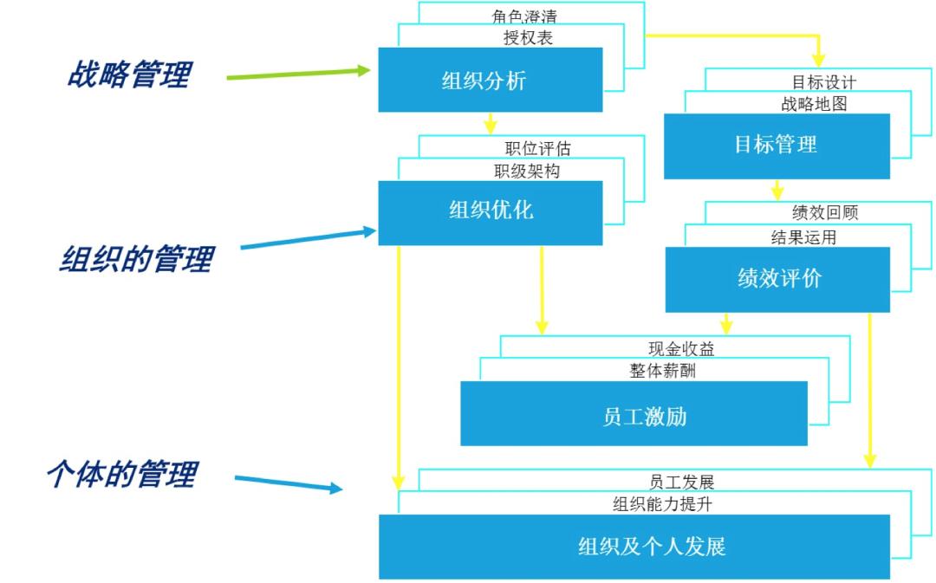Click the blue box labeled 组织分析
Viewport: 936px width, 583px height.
(490, 80)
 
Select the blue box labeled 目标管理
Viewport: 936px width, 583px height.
(777, 146)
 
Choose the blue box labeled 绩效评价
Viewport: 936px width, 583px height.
(777, 279)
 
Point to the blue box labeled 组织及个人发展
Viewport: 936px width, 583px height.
(634, 547)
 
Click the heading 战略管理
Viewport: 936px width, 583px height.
(128, 74)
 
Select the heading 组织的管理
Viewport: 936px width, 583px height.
(135, 258)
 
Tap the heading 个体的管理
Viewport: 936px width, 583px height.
(121, 474)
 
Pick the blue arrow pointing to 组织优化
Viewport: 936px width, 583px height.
(308, 239)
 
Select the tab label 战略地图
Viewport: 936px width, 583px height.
(814, 104)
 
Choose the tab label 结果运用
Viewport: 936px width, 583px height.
(803, 236)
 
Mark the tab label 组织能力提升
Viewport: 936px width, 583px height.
(662, 503)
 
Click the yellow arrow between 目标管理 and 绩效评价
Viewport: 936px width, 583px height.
(777, 190)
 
